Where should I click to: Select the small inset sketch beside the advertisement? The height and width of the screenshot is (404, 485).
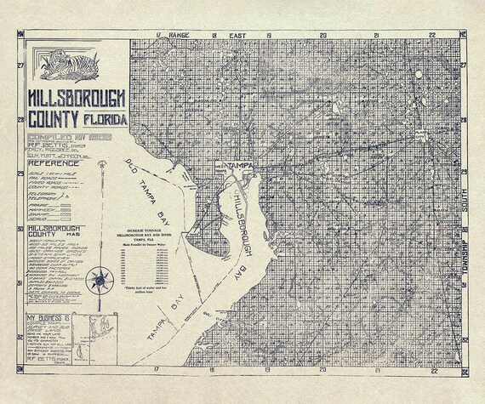coord(107,330)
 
